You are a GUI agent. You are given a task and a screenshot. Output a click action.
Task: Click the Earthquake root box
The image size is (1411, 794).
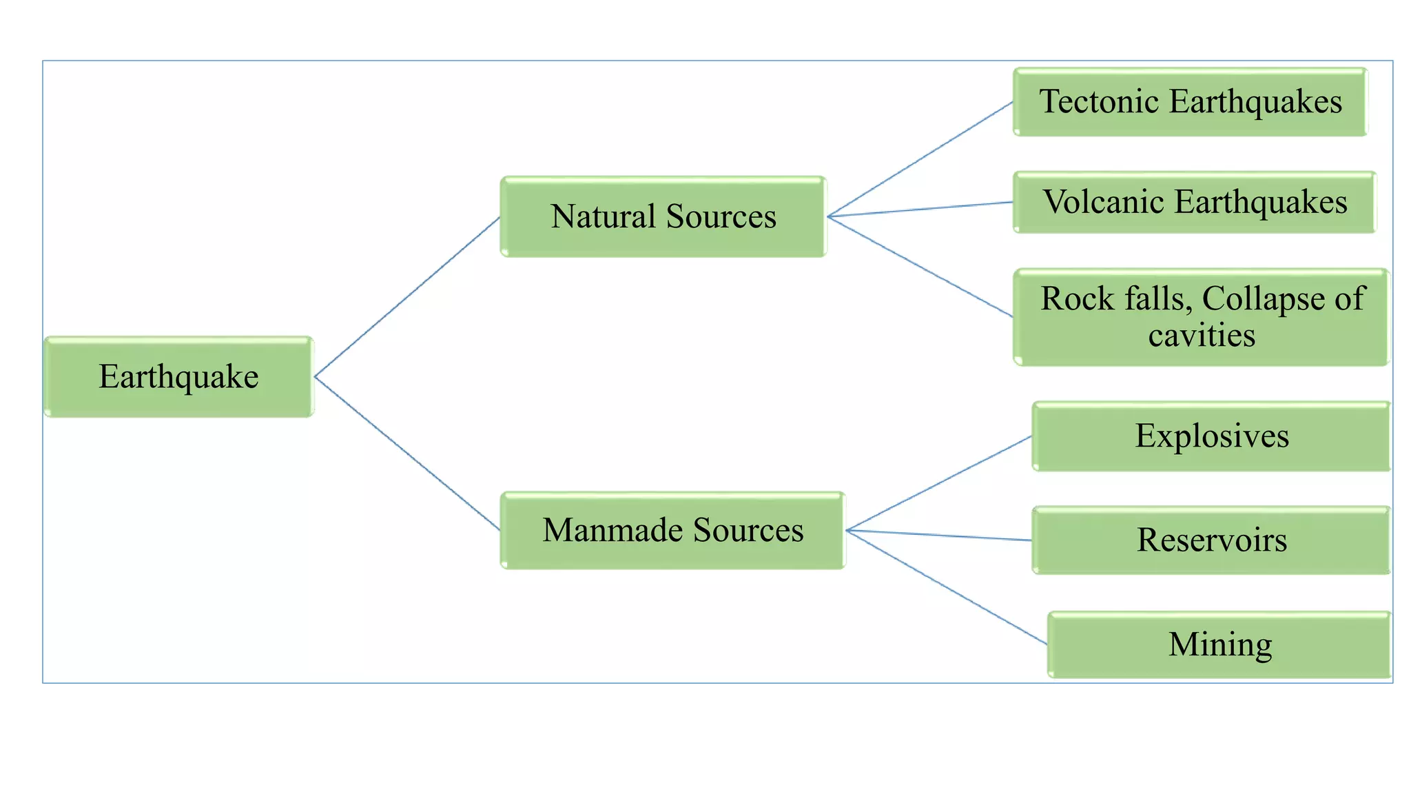coord(178,376)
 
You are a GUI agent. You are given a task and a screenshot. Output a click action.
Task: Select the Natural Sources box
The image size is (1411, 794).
coord(663,216)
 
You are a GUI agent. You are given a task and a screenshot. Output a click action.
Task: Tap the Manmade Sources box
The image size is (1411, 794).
coord(672,530)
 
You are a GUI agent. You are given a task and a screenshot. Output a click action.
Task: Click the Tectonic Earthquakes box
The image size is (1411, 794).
coord(1190,102)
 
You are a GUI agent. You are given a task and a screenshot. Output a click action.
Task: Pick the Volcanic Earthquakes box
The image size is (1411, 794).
coord(1194,202)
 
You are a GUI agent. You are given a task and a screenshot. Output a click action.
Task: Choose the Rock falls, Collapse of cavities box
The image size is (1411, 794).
coord(1201,317)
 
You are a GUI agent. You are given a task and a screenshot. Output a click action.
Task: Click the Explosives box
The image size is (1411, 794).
coord(1211,436)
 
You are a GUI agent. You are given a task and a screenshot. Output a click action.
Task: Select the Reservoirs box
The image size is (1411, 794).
coord(1211,540)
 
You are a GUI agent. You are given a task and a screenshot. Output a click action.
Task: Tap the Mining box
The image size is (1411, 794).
coord(1219,644)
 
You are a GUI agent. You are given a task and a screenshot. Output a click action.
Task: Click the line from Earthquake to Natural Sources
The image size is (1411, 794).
coord(406,297)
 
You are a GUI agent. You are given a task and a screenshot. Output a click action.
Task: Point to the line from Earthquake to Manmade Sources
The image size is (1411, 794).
coord(406,453)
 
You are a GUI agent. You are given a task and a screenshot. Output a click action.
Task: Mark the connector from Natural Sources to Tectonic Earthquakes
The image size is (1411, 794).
coord(920,159)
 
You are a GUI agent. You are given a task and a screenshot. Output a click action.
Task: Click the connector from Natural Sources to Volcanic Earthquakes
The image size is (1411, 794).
coord(920,210)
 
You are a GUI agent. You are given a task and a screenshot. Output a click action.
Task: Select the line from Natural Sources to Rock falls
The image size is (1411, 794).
coord(920,266)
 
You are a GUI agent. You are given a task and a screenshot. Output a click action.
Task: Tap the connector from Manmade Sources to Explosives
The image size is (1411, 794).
coord(938,483)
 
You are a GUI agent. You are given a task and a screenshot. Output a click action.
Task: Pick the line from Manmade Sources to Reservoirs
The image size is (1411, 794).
coord(938,536)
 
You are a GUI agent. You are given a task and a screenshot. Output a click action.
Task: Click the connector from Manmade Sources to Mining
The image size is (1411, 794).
coord(946,587)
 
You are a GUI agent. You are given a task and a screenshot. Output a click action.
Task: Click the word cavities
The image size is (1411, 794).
coord(1202,336)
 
